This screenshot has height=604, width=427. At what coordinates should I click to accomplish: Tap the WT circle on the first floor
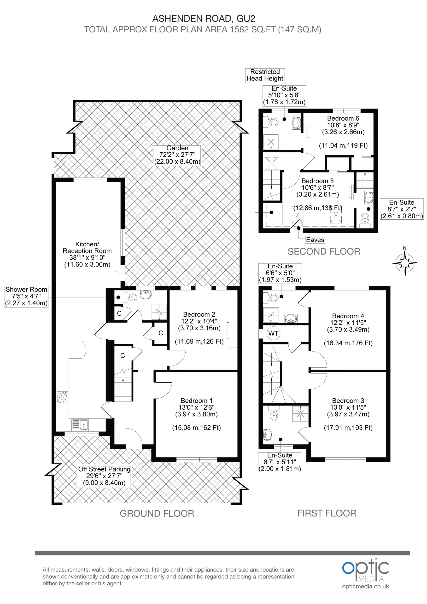pyautogui.click(x=273, y=333)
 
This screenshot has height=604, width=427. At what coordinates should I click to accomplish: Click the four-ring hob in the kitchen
pyautogui.click(x=63, y=397)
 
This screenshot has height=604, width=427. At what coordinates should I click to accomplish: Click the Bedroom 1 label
pyautogui.click(x=197, y=401)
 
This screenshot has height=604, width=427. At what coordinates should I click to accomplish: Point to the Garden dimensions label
pyautogui.click(x=177, y=155)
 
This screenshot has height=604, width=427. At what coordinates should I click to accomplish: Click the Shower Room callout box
pyautogui.click(x=26, y=296)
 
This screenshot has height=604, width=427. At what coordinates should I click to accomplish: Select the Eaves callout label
pyautogui.click(x=315, y=240)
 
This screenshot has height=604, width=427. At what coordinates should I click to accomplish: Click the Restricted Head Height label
pyautogui.click(x=265, y=75)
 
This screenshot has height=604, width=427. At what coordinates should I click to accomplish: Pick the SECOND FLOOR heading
pyautogui.click(x=324, y=251)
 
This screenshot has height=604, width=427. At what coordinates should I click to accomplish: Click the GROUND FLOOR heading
pyautogui.click(x=157, y=513)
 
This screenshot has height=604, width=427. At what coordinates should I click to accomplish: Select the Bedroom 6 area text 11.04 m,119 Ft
pyautogui.click(x=343, y=145)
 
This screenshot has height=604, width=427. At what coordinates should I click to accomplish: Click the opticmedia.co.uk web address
pyautogui.click(x=365, y=586)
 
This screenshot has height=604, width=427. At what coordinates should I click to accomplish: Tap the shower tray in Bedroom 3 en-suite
pyautogui.click(x=300, y=413)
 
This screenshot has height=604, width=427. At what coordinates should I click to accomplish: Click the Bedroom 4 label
pyautogui.click(x=348, y=316)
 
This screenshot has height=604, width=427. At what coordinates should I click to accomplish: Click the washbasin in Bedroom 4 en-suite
pyautogui.click(x=291, y=319)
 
